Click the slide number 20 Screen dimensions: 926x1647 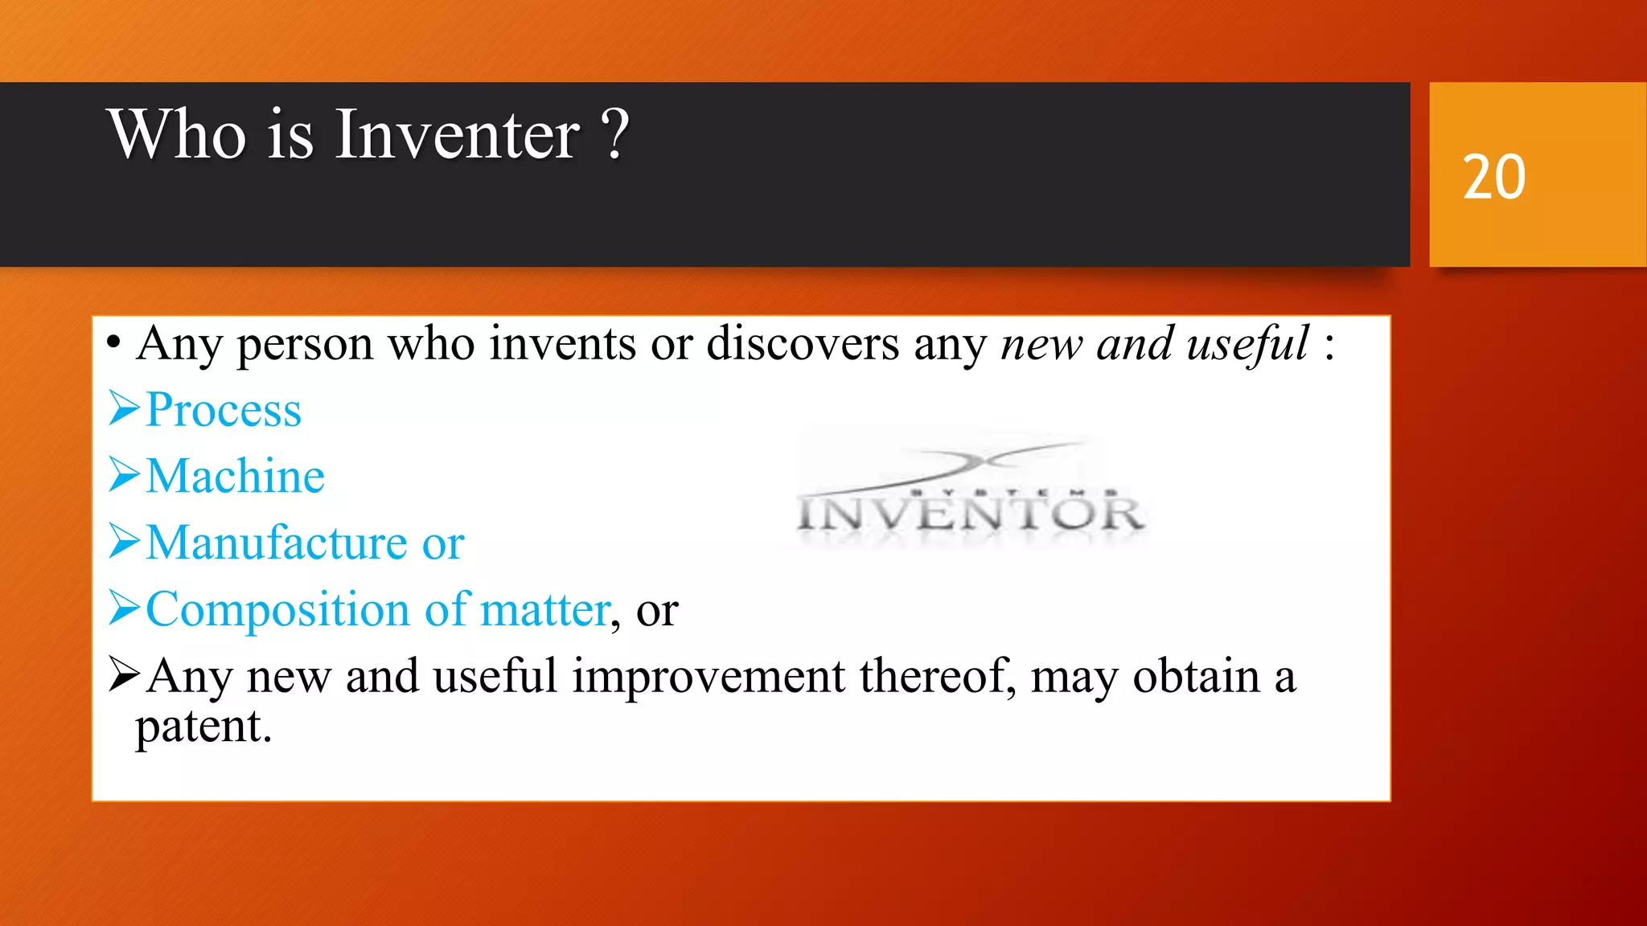pos(1493,177)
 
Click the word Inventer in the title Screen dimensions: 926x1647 pos(456,134)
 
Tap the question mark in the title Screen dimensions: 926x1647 pos(615,134)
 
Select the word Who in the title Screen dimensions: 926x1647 pos(177,134)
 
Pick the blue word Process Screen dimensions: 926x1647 pos(224,410)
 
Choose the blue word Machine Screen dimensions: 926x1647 pos(235,476)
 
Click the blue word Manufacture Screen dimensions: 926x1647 pos(277,543)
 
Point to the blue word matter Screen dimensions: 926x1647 pos(544,609)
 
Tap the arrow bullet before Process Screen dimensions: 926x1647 pos(125,408)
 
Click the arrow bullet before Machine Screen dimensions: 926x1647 pos(125,474)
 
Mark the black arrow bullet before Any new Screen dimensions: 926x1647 pos(125,674)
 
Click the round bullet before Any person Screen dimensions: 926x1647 pos(113,344)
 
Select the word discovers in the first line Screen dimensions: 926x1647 pos(803,344)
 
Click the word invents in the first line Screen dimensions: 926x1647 pos(563,344)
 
